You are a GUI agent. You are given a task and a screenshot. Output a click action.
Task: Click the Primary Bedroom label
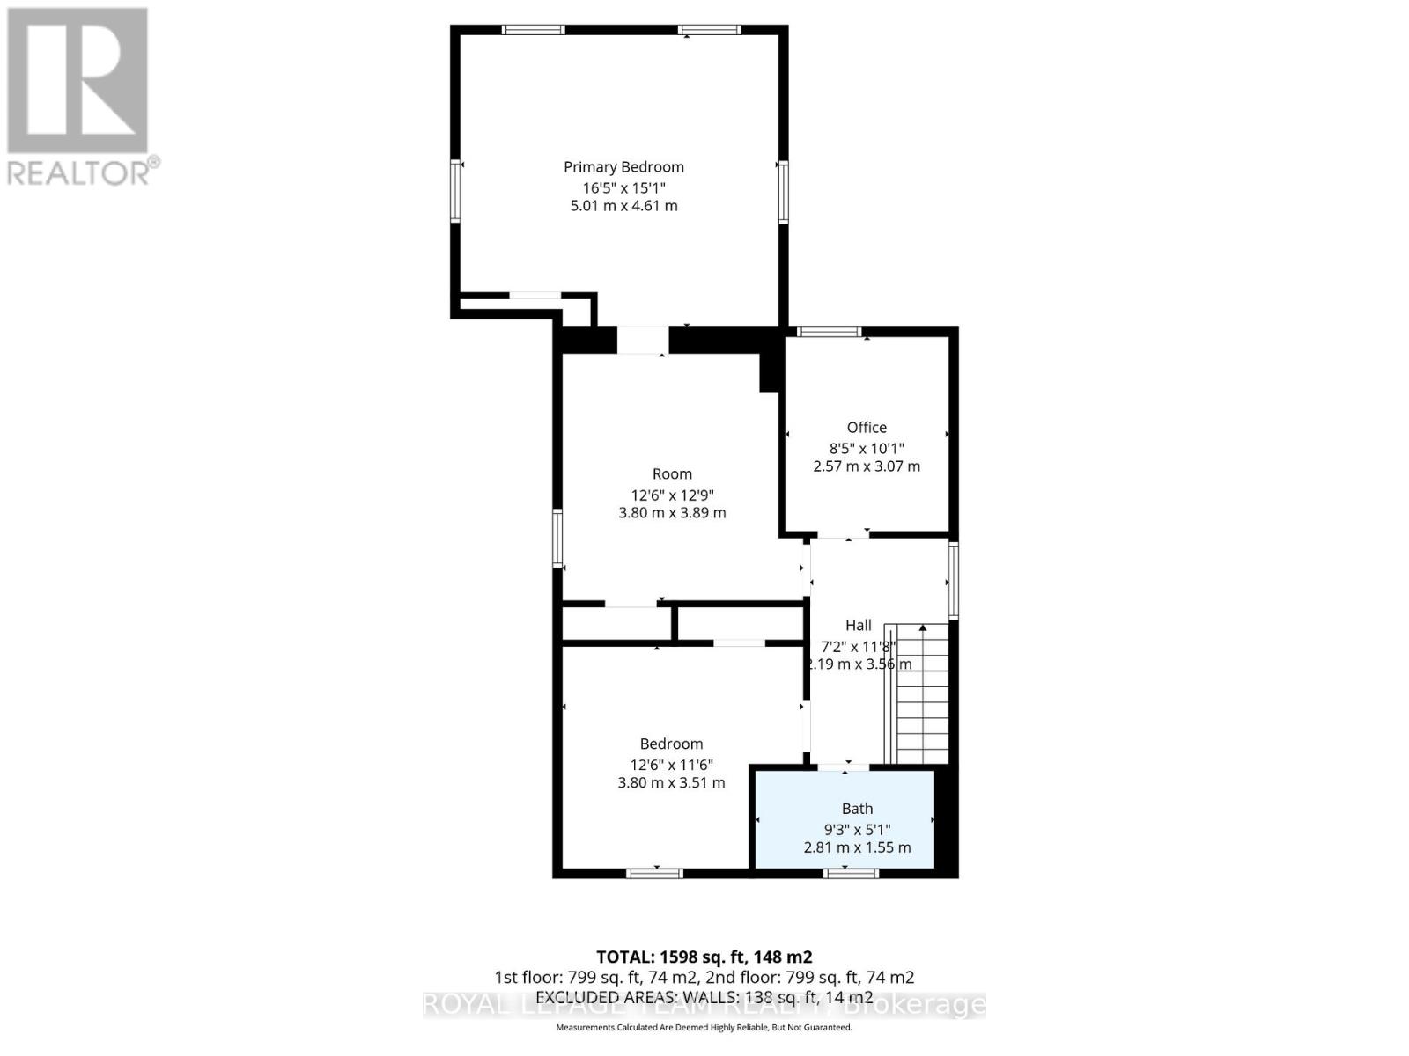pyautogui.click(x=623, y=167)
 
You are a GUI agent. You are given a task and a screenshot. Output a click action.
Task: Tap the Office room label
pyautogui.click(x=867, y=428)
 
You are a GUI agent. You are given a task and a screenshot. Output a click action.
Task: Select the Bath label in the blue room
pyautogui.click(x=857, y=809)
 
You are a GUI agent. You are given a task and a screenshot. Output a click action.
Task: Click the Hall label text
pyautogui.click(x=859, y=626)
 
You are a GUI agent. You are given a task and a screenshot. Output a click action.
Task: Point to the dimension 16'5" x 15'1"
pyautogui.click(x=623, y=187)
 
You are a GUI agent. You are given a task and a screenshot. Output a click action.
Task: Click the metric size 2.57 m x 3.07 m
pyautogui.click(x=867, y=466)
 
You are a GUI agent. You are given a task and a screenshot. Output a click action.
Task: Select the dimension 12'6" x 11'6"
pyautogui.click(x=671, y=766)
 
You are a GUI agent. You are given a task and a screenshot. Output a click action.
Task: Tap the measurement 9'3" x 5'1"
pyautogui.click(x=857, y=829)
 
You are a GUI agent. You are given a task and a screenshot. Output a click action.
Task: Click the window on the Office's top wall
pyautogui.click(x=828, y=332)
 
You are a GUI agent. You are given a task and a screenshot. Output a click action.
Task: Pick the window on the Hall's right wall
pyautogui.click(x=953, y=580)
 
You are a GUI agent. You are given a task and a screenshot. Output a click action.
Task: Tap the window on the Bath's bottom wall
pyautogui.click(x=851, y=873)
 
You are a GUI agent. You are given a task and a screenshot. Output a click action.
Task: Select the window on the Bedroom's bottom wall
pyautogui.click(x=654, y=873)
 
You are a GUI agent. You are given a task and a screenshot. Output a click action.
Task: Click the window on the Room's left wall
pyautogui.click(x=557, y=537)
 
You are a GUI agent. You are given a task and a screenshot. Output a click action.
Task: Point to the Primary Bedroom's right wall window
pyautogui.click(x=782, y=192)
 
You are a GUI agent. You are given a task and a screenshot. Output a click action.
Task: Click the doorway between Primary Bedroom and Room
pyautogui.click(x=642, y=340)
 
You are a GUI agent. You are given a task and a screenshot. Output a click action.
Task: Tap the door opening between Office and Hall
pyautogui.click(x=843, y=534)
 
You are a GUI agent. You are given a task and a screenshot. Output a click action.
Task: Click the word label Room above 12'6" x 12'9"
pyautogui.click(x=672, y=474)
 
